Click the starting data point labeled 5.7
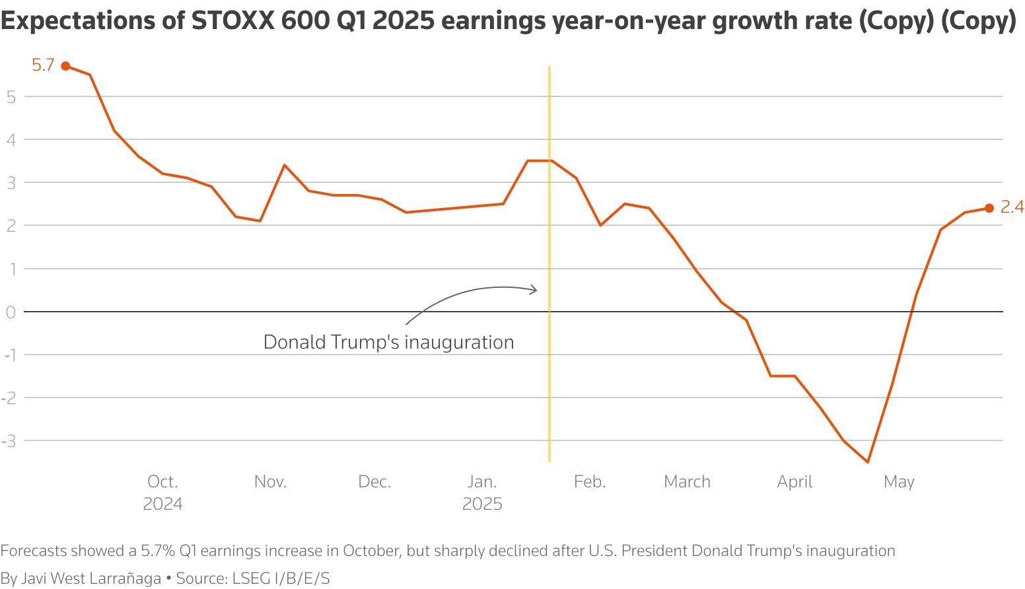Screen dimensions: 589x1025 pos(65,66)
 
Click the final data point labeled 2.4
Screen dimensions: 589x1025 pos(989,209)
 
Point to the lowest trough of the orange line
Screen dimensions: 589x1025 pos(867,462)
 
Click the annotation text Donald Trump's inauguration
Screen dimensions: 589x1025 pos(388,342)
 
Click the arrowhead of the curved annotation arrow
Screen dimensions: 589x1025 pos(534,289)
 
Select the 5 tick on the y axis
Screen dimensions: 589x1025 pos(11,96)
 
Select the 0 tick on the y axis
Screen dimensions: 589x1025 pos(11,312)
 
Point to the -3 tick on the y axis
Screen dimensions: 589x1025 pos(9,440)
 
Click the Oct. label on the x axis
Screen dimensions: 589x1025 pos(162,482)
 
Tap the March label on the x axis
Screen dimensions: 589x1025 pos(687,482)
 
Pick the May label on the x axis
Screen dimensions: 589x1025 pos(899,482)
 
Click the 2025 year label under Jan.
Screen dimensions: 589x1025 pos(482,504)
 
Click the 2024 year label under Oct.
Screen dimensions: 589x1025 pos(162,504)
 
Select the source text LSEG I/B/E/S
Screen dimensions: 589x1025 pos(281,578)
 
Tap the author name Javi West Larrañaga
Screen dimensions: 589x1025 pos(91,578)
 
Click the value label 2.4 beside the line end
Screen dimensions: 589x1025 pos(1012,207)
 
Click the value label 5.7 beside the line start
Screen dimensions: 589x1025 pos(43,65)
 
